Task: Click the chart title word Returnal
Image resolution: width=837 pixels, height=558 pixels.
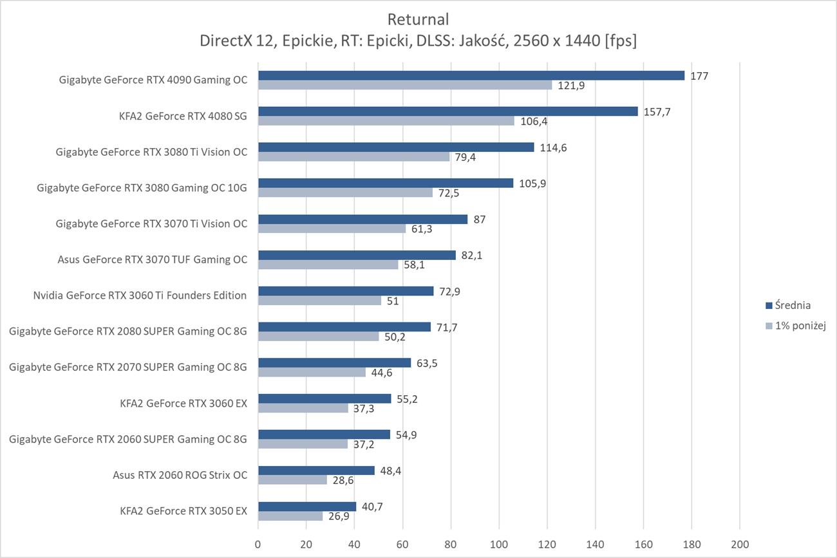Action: [x=418, y=19]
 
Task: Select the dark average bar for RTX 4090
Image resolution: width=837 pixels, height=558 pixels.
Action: [x=471, y=75]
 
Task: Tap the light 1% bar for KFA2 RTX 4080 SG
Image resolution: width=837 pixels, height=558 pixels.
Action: [x=386, y=121]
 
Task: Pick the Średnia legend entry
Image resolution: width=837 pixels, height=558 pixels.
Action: [x=792, y=305]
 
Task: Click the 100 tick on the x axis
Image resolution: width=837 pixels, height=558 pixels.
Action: [x=499, y=544]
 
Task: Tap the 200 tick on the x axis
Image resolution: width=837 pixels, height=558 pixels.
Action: [x=740, y=544]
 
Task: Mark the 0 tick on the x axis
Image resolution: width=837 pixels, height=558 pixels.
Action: [x=258, y=544]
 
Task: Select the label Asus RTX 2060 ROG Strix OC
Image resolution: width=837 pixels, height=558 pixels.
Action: [x=180, y=476]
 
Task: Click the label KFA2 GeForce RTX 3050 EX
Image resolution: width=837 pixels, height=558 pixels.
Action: [x=183, y=512]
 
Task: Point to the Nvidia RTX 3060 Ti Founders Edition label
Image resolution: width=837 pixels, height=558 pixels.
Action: [x=140, y=295]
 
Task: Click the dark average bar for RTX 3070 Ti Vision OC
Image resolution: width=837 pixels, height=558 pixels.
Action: [x=362, y=219]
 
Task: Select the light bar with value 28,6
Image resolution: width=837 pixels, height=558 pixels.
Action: [x=292, y=480]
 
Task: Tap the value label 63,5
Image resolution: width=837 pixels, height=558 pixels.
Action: [x=428, y=363]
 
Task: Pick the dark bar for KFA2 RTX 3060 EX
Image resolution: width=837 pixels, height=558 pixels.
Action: [x=324, y=399]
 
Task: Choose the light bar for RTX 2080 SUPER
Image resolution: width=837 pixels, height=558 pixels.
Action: [x=318, y=337]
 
